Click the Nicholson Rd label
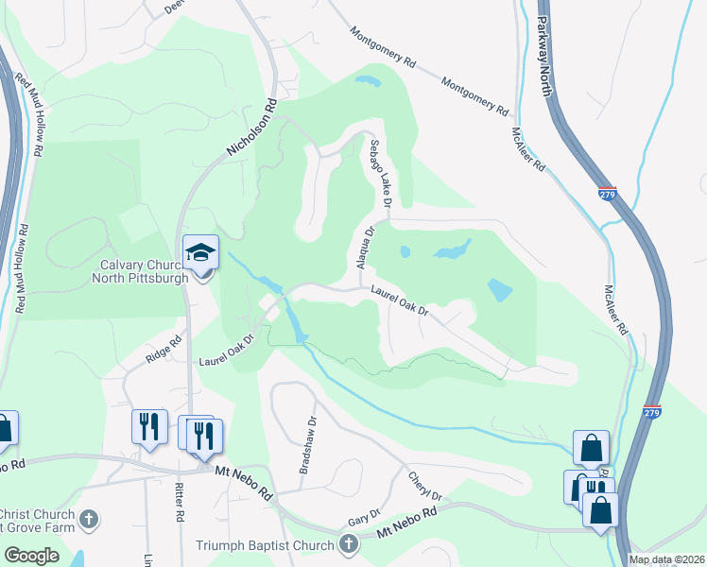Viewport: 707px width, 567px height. pyautogui.click(x=251, y=129)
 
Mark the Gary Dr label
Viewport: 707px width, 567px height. pyautogui.click(x=363, y=515)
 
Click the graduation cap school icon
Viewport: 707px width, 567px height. pyautogui.click(x=200, y=252)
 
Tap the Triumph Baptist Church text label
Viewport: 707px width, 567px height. pyautogui.click(x=265, y=545)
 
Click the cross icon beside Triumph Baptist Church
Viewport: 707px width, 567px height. pyautogui.click(x=349, y=544)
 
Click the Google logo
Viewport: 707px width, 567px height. pyautogui.click(x=31, y=556)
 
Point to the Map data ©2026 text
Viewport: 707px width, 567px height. pyautogui.click(x=666, y=559)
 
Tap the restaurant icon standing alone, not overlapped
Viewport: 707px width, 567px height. pyautogui.click(x=148, y=426)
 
